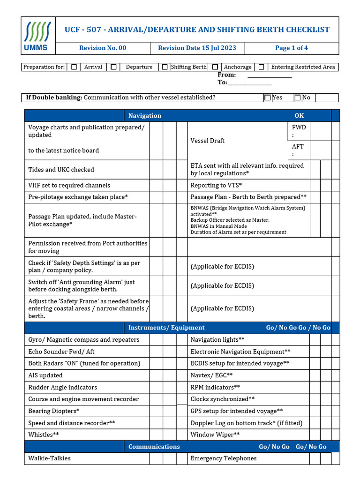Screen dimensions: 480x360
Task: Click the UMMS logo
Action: (38, 36)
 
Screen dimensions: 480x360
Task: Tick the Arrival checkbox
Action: (74, 67)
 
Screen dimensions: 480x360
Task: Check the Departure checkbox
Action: (113, 67)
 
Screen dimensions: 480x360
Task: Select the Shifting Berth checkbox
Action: (165, 67)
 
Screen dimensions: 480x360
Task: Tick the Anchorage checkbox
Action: (215, 67)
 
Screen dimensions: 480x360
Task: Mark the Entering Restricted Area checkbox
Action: (262, 67)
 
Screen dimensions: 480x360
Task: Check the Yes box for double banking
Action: (268, 97)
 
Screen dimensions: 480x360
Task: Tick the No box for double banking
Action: (298, 97)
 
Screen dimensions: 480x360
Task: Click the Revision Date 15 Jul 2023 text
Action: (197, 48)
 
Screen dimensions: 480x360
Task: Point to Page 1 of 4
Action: (291, 48)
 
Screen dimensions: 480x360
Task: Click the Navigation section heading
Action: (144, 116)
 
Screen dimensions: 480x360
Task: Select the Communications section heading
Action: (154, 447)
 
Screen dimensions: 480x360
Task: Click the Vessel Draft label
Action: (207, 141)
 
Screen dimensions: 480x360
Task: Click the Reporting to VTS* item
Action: (216, 185)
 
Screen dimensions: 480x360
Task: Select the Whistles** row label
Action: (44, 435)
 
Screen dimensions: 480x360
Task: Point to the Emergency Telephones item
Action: (223, 458)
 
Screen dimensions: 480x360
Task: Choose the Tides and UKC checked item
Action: (61, 170)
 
